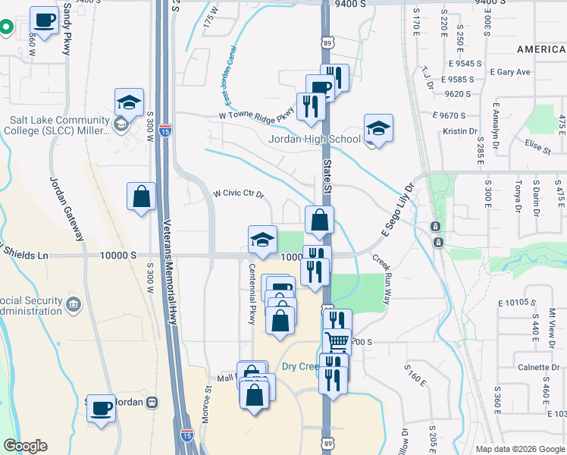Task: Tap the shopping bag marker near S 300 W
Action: click(142, 197)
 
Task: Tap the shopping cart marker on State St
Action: click(337, 341)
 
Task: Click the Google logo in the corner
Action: click(25, 446)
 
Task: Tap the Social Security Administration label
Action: click(32, 306)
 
